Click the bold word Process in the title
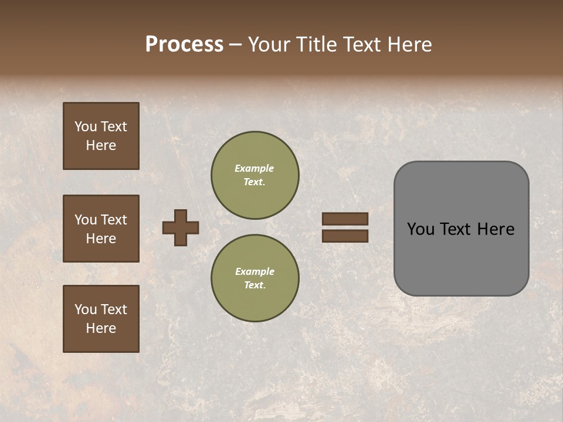tap(184, 45)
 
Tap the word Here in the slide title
tap(409, 45)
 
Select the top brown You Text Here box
tap(101, 136)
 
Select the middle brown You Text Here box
tap(101, 229)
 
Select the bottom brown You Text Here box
tap(101, 318)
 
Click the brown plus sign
tap(181, 227)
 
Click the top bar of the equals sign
tap(345, 219)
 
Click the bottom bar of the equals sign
tap(345, 236)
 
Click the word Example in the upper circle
tap(255, 168)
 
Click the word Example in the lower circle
tap(255, 271)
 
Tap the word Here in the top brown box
tap(101, 145)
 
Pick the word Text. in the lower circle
tap(255, 285)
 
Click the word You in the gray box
tap(420, 229)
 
